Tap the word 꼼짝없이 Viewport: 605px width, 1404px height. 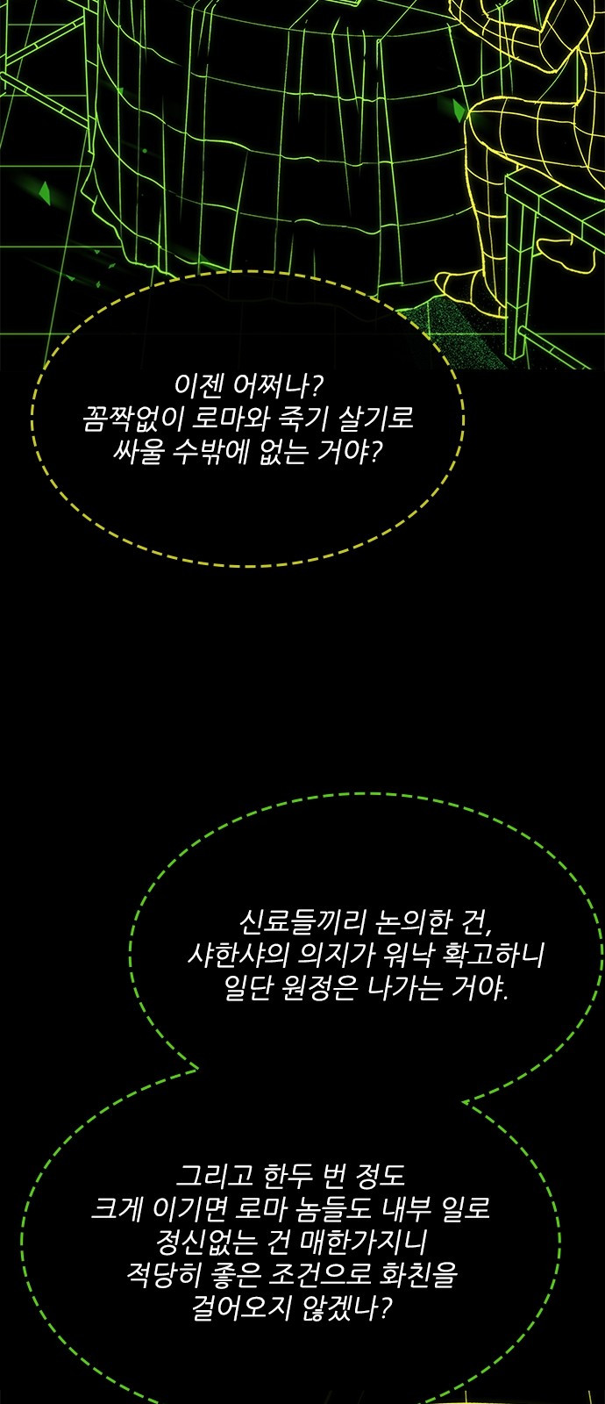[132, 419]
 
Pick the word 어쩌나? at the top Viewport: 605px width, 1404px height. [277, 386]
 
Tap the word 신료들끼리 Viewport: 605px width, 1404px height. [301, 922]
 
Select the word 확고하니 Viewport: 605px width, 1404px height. [493, 956]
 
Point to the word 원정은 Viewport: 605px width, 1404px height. [319, 988]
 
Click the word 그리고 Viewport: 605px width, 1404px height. [213, 1175]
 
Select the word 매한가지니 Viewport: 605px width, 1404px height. [364, 1241]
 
